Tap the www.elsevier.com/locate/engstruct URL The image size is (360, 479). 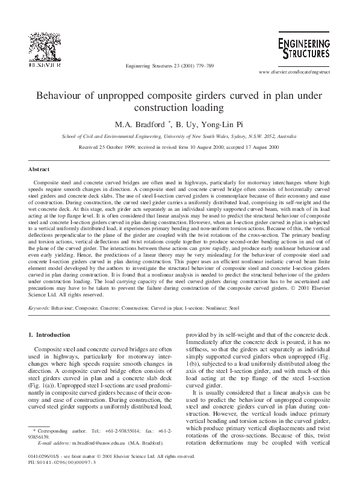295,73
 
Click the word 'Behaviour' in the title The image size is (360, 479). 61,96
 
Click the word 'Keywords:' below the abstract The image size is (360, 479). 39,307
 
